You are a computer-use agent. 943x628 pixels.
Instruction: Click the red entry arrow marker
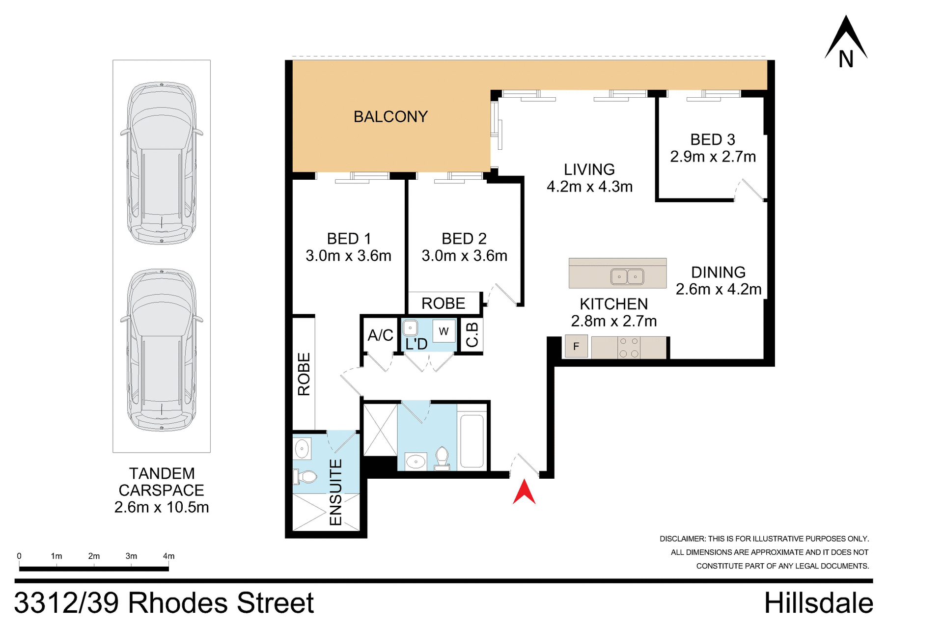524,492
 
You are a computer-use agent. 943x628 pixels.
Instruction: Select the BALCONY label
390,117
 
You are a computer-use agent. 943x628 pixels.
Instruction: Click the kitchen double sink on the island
627,276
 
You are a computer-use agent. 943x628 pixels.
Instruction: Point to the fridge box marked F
576,346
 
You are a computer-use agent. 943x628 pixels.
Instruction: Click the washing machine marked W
444,331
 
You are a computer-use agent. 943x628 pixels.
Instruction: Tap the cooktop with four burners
629,347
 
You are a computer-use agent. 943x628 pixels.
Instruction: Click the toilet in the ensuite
305,476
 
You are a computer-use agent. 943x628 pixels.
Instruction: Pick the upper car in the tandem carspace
162,163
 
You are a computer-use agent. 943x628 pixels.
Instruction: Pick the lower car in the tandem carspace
162,350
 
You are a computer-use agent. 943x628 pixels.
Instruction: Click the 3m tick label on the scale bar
131,556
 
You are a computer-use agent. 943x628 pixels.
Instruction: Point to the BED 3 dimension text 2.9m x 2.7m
713,157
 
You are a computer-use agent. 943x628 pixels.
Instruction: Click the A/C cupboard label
380,335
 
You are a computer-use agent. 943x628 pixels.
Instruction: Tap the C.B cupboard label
472,335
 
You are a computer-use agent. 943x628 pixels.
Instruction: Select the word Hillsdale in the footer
818,603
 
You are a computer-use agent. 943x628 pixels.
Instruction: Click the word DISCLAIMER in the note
682,539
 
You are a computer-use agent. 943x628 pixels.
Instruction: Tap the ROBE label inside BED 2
443,303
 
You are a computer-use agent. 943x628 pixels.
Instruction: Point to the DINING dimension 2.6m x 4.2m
718,289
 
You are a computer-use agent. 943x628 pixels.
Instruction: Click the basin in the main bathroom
416,462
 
